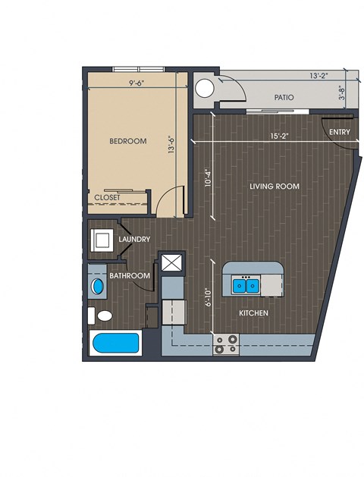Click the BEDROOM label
(x=127, y=141)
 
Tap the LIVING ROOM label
(x=275, y=187)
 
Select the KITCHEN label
(x=253, y=313)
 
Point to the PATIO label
(x=284, y=98)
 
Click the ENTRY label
(x=340, y=132)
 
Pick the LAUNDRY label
(x=134, y=240)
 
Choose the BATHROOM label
(x=130, y=276)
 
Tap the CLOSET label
(x=107, y=197)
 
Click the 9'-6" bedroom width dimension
(x=136, y=83)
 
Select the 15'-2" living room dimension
(x=279, y=136)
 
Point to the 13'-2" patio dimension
(x=319, y=75)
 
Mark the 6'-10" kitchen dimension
(x=208, y=297)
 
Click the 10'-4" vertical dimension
(x=208, y=177)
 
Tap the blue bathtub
(x=115, y=343)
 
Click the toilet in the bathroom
(x=101, y=315)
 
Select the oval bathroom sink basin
(x=97, y=287)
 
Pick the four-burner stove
(x=226, y=344)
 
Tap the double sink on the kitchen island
(x=246, y=285)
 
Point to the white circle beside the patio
(x=204, y=88)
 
